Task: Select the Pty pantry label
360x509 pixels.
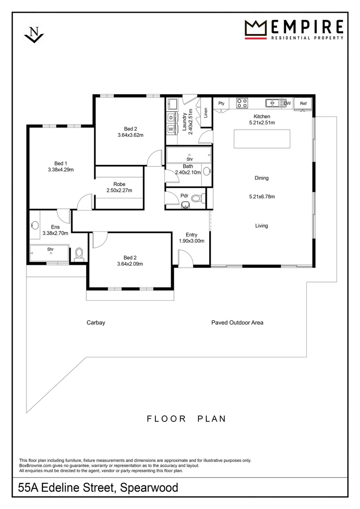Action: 221,104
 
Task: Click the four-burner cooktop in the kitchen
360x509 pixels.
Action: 242,103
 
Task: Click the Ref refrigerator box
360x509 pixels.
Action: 303,104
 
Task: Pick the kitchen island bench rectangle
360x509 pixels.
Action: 262,139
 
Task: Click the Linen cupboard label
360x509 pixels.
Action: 205,113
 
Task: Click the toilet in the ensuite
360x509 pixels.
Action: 79,254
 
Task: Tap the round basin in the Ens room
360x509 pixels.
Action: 35,225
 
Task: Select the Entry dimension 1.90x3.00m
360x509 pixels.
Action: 191,240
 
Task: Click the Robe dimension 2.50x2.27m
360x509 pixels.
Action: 119,190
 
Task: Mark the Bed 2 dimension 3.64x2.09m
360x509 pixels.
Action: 130,263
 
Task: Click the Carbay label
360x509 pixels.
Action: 96,323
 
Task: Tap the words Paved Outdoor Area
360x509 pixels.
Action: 237,323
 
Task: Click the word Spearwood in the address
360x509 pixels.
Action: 149,487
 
